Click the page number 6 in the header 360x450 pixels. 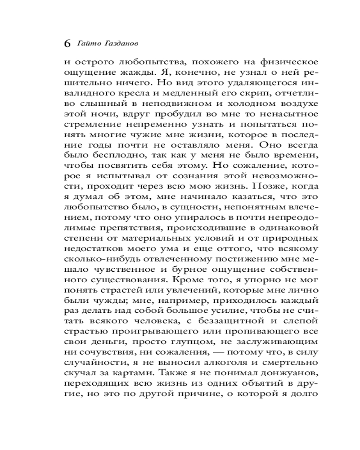67,44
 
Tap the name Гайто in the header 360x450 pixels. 89,44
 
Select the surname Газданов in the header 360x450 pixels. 119,44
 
